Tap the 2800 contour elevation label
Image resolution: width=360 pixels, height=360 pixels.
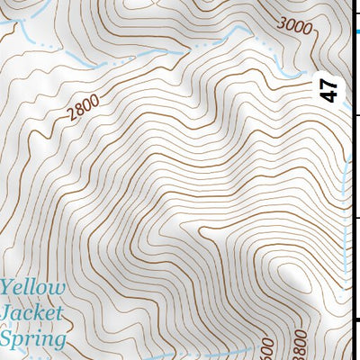82,111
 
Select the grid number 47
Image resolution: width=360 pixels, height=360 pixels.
330,89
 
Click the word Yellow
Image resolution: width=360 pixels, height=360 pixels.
33,289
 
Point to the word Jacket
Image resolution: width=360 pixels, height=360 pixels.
32,314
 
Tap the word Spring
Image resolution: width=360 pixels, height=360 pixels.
34,340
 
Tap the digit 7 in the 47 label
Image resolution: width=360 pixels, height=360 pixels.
330,83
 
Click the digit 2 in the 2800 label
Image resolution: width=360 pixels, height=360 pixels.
70,118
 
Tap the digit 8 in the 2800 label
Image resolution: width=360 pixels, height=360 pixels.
78,113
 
